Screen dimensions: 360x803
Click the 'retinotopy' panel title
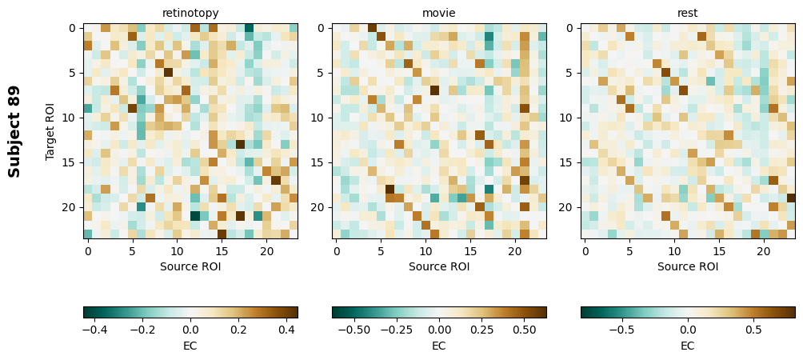[190, 13]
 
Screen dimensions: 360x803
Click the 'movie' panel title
[439, 13]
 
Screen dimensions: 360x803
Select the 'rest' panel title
[688, 13]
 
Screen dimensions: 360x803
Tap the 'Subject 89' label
[14, 131]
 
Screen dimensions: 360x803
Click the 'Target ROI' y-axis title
[51, 131]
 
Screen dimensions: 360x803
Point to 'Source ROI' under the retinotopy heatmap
[190, 266]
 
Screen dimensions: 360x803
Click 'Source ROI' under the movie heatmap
[439, 266]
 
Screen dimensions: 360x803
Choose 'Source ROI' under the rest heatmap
[688, 266]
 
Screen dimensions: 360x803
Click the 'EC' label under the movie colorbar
[439, 346]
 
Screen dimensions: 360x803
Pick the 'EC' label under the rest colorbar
[688, 346]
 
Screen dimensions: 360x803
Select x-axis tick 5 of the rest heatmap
[630, 251]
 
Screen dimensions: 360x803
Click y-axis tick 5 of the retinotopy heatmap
[72, 73]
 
